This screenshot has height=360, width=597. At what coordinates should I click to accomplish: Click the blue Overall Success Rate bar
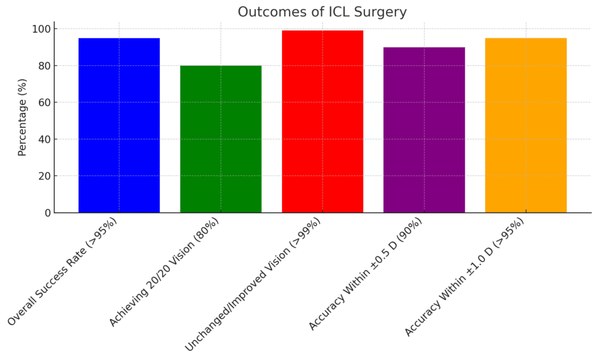[119, 125]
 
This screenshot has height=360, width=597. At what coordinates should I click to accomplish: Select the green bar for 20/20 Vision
[220, 139]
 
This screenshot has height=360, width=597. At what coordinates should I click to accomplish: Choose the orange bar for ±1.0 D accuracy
[526, 125]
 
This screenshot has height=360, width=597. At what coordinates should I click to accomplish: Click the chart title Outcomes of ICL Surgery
[322, 12]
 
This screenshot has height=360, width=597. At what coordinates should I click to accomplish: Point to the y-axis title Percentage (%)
[23, 117]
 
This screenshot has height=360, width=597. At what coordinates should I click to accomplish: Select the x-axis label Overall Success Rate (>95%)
[63, 271]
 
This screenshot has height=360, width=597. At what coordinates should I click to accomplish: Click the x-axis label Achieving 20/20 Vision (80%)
[164, 271]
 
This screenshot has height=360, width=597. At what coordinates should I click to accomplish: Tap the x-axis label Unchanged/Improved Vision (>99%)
[254, 284]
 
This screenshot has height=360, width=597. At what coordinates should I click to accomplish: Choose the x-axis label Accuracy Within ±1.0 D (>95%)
[465, 277]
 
